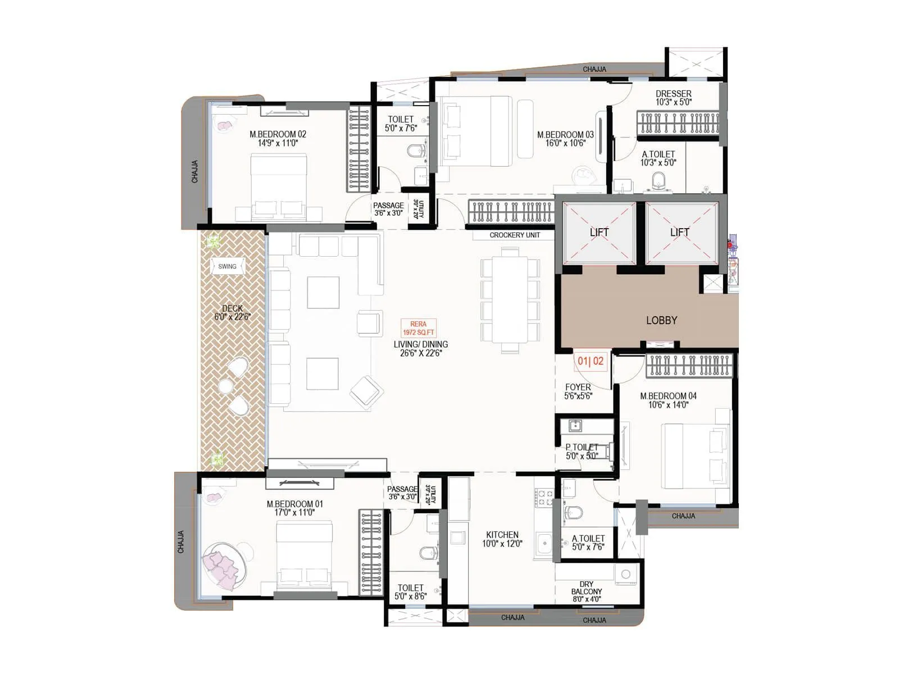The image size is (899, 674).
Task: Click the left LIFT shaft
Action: (x=599, y=233)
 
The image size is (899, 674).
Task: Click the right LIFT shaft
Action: (x=680, y=233)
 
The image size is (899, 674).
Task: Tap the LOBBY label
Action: (x=661, y=320)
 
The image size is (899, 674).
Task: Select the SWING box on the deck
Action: (x=227, y=266)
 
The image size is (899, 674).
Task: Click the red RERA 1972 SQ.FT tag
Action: (x=418, y=328)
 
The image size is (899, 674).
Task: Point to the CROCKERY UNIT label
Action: (x=514, y=235)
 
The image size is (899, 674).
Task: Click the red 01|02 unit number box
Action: (x=590, y=361)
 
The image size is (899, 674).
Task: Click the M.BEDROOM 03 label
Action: (x=565, y=139)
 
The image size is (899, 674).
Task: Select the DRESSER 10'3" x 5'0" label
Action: (x=673, y=98)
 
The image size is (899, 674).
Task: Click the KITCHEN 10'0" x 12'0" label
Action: (x=502, y=539)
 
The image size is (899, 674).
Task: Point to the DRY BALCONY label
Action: (x=586, y=591)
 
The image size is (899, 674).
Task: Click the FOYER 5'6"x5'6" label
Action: (x=578, y=391)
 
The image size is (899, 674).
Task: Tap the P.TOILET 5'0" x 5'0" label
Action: (x=582, y=452)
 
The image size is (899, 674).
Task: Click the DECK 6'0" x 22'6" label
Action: (x=232, y=312)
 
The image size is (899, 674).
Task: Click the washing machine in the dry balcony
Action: (x=625, y=575)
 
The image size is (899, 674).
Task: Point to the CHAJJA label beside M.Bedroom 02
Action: (x=195, y=172)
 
